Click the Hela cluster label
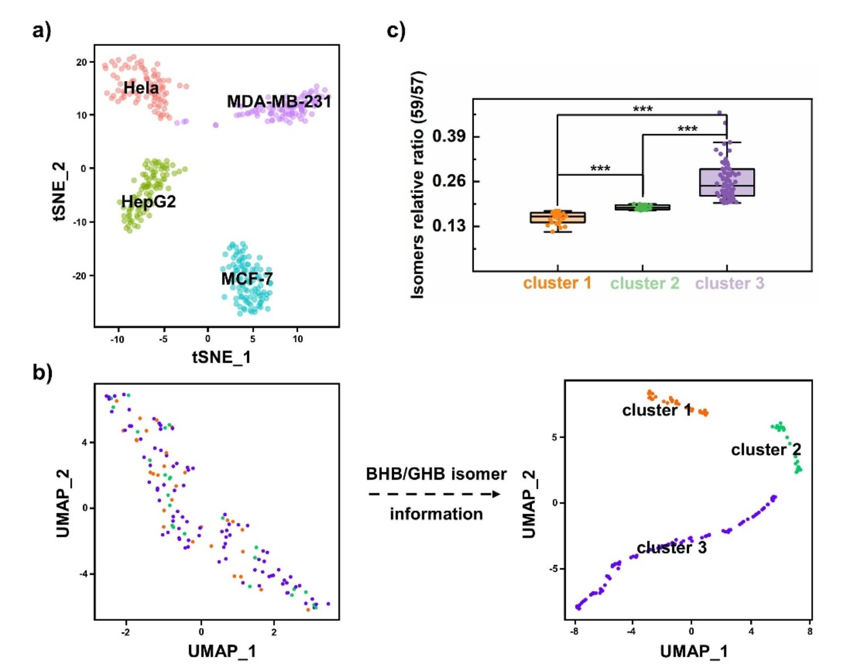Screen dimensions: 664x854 click(x=141, y=88)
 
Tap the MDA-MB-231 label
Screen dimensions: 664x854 click(x=278, y=102)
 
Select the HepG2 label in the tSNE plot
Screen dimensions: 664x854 click(x=149, y=201)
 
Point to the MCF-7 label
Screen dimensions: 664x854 click(x=247, y=279)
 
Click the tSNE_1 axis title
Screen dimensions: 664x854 click(x=221, y=357)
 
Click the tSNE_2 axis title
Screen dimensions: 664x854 click(x=59, y=191)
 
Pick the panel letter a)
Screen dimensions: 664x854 click(x=42, y=30)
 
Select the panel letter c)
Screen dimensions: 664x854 click(x=396, y=30)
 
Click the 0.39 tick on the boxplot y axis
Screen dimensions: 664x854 click(x=449, y=137)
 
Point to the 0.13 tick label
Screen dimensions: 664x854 click(x=449, y=226)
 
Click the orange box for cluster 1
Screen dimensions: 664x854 click(x=557, y=217)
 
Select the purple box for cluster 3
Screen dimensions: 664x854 click(x=727, y=182)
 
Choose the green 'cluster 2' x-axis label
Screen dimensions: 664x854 click(x=644, y=283)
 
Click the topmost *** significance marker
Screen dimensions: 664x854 click(x=643, y=109)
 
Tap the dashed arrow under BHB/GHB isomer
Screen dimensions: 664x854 click(x=434, y=494)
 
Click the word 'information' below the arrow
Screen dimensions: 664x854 click(x=436, y=514)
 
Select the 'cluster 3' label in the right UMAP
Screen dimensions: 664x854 click(x=671, y=547)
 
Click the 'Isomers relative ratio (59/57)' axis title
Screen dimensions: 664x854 click(x=418, y=185)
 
